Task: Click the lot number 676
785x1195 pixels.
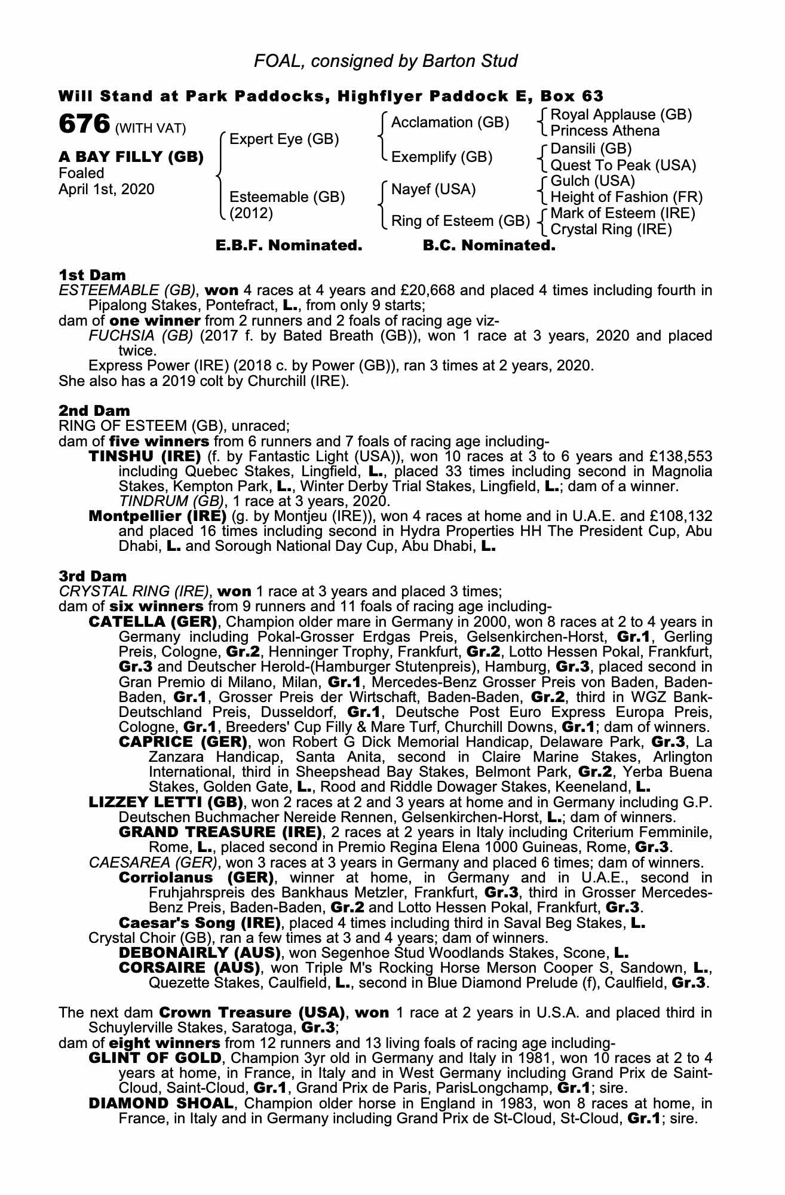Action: point(84,124)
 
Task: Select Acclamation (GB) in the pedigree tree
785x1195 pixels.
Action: point(450,122)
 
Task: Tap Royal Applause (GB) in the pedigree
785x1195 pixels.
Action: point(621,114)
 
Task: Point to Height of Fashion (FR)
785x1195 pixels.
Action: point(626,197)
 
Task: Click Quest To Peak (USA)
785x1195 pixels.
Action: point(623,166)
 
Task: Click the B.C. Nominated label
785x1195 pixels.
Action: point(489,246)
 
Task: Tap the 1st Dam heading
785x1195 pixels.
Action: point(92,275)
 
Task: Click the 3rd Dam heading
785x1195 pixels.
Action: point(93,576)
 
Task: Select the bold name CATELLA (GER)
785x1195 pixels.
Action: point(152,621)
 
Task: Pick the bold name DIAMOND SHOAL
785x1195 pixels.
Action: point(160,1103)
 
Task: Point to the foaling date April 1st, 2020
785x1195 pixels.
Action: point(106,189)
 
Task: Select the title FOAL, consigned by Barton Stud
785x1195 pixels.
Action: point(386,61)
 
